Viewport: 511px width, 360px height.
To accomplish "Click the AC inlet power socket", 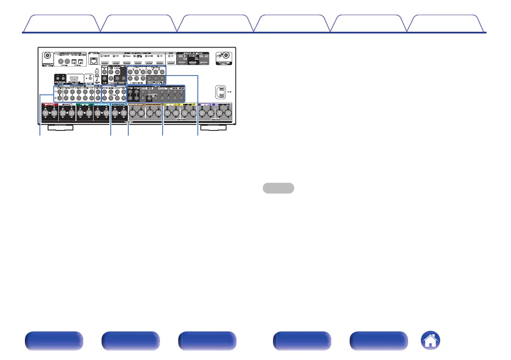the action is point(221,92).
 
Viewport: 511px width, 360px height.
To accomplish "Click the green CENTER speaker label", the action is point(84,104).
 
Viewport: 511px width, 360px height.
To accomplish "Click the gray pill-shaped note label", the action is point(278,188).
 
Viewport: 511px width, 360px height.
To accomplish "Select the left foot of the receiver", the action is point(60,127).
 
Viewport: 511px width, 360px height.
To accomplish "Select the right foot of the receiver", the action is point(214,127).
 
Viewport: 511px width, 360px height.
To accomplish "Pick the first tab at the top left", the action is point(61,24).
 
